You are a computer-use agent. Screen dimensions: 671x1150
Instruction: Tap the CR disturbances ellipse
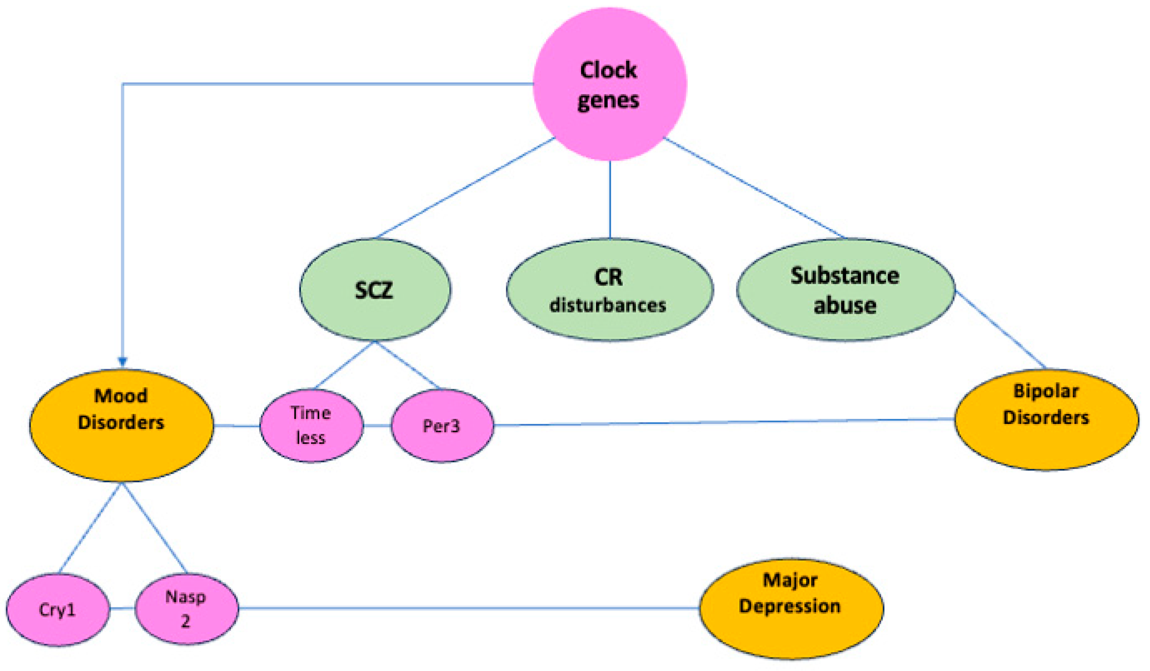[610, 289]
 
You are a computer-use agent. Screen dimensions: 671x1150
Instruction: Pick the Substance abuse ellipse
[845, 289]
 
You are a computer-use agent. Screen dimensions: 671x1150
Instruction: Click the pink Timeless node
[312, 426]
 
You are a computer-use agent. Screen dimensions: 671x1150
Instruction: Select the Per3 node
[442, 426]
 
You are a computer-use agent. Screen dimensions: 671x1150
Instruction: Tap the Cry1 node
[58, 609]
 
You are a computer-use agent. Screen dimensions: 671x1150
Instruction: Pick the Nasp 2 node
[187, 609]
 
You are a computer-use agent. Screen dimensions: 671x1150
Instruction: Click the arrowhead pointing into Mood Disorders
[122, 362]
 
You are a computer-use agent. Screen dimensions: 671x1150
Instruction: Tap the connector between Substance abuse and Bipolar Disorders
[1001, 329]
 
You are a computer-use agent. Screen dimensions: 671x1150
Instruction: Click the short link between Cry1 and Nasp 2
[122, 608]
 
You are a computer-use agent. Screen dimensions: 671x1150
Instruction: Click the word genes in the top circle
[608, 100]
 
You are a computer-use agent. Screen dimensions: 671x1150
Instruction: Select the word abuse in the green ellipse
[845, 305]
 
